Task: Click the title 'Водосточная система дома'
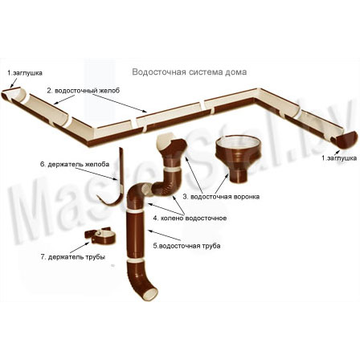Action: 190,72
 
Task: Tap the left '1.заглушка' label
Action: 25,73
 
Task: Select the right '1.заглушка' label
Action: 339,158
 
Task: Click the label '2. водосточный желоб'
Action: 84,91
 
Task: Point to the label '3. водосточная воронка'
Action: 221,197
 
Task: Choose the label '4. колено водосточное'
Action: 190,218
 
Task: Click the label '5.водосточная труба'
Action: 186,246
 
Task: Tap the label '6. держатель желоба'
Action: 75,164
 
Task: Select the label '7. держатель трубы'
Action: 73,257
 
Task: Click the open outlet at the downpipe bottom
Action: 149,293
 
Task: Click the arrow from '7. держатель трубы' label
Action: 80,247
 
